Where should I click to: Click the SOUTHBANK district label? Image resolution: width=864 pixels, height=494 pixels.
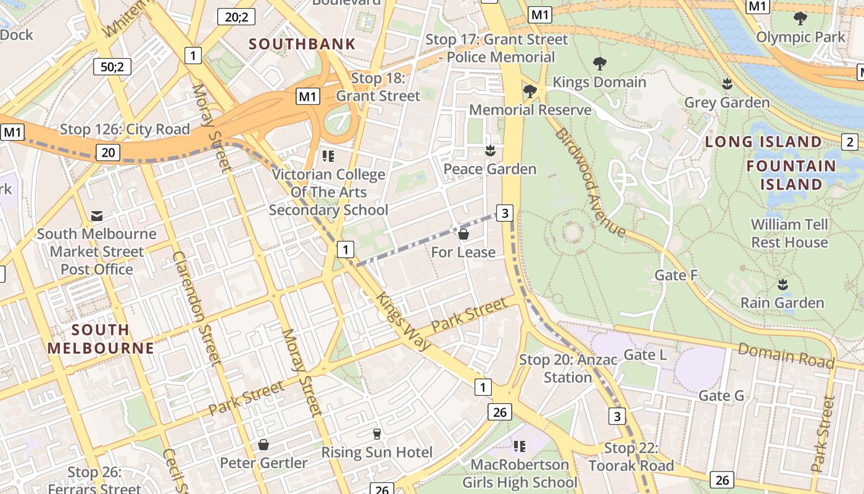click(302, 44)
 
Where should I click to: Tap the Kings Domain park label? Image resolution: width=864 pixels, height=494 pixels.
click(599, 82)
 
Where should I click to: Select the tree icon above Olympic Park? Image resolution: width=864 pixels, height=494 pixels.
click(800, 18)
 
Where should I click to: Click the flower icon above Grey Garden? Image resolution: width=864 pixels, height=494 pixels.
click(728, 83)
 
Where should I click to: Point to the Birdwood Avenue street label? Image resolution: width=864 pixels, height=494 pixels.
click(590, 182)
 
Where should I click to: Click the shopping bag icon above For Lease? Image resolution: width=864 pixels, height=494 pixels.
click(463, 234)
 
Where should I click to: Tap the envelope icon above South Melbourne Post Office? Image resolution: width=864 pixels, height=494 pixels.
click(97, 216)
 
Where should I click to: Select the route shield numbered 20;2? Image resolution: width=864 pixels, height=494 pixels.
click(236, 17)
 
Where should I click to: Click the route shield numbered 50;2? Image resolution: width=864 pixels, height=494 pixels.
click(112, 66)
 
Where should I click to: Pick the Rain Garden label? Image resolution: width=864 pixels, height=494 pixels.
click(782, 303)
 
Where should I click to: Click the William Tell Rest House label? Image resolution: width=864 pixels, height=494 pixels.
click(789, 233)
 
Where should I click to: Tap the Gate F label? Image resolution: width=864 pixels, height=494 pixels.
click(676, 275)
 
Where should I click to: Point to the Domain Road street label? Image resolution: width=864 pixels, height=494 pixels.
click(786, 355)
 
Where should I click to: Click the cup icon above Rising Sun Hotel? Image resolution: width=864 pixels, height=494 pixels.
click(377, 434)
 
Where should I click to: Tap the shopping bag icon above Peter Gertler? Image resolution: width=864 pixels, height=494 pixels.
click(264, 445)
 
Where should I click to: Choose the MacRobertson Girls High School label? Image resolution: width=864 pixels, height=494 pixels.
click(520, 473)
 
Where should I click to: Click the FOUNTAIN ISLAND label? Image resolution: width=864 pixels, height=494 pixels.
click(791, 175)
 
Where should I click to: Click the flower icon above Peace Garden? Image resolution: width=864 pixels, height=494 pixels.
click(491, 150)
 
